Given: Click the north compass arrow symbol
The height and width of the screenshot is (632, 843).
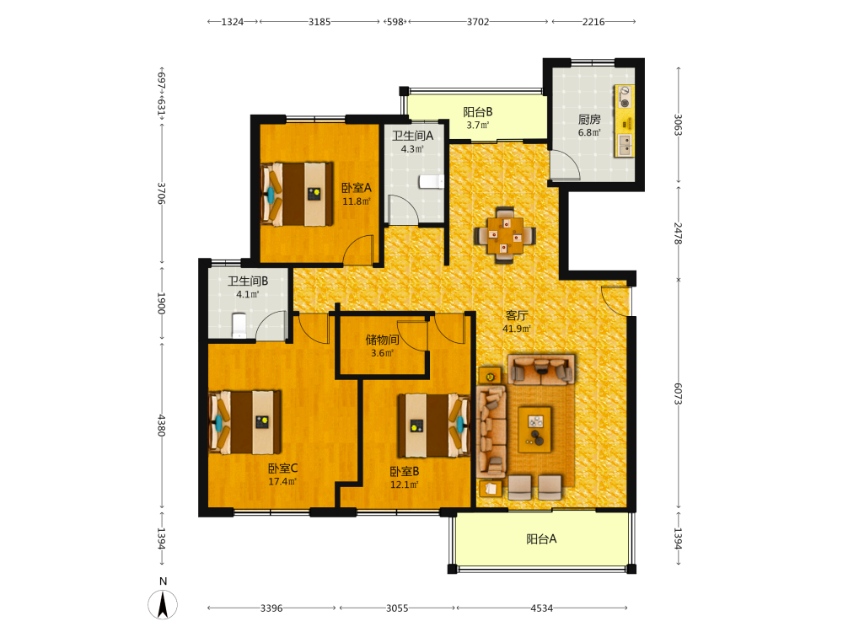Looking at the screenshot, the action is click(163, 604).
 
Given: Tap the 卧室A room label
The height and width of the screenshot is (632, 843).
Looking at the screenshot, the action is click(357, 188).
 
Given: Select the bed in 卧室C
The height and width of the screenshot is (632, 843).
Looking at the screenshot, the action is click(244, 422).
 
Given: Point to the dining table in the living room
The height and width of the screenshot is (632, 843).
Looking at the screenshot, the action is click(505, 235).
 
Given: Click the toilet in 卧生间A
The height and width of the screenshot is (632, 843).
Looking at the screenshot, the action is click(431, 182).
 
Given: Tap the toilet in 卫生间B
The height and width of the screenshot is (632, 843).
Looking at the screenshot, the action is click(239, 325).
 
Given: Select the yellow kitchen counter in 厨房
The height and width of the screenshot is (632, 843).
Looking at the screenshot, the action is click(624, 121).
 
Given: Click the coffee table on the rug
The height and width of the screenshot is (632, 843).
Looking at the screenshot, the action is click(535, 430).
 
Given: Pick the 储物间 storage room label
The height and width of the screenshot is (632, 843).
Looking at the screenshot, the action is click(382, 340).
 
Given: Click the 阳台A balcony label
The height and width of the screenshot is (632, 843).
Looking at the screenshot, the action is click(541, 539).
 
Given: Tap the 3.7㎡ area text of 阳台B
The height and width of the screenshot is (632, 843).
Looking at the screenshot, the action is click(478, 126).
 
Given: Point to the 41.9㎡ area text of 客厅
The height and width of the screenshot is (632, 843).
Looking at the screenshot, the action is click(517, 329).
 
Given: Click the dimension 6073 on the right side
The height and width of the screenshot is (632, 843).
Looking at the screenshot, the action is click(678, 394).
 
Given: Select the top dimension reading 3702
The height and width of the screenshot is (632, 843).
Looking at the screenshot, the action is click(478, 22).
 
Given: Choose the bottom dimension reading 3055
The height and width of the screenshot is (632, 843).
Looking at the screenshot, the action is click(397, 608).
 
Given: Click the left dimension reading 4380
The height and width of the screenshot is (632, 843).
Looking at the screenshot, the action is click(161, 425).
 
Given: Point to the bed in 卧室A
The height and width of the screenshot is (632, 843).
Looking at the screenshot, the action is click(297, 194).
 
